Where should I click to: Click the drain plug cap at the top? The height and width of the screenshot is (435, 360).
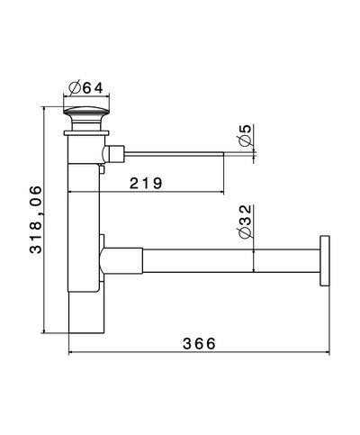click(x=87, y=116)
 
